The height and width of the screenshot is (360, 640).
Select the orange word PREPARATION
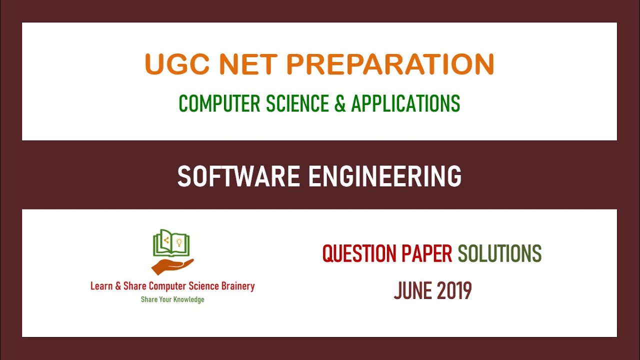(390, 64)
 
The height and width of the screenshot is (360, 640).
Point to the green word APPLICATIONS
(405, 103)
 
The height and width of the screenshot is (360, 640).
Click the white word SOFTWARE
(239, 176)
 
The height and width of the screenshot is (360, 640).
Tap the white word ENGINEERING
(384, 176)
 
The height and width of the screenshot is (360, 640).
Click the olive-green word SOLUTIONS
(499, 254)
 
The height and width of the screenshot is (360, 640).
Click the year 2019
(454, 290)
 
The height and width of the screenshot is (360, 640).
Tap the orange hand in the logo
(172, 265)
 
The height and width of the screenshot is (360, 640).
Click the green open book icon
(172, 243)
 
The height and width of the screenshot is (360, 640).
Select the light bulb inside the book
(178, 242)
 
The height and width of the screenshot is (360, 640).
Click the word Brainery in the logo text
(235, 286)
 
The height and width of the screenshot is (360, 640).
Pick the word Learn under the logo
(101, 286)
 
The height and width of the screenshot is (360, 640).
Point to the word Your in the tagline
(166, 299)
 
